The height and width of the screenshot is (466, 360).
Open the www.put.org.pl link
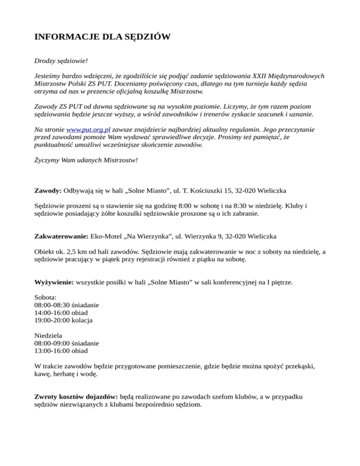tap(89, 129)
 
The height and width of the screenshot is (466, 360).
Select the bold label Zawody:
tap(48, 191)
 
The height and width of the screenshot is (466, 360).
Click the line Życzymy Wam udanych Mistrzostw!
tap(86, 159)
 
